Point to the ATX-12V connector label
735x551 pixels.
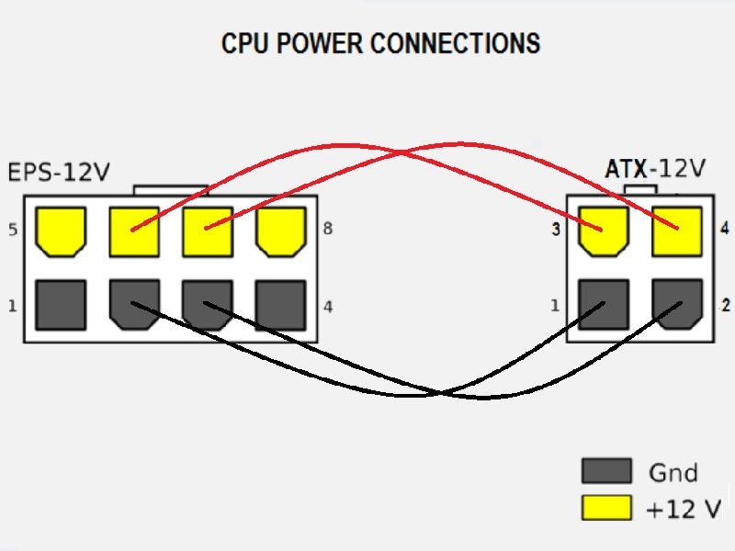654,169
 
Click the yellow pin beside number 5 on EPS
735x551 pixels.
60,231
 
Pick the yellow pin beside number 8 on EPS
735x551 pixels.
280,231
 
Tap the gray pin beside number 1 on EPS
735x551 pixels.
60,304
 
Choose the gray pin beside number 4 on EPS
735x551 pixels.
280,304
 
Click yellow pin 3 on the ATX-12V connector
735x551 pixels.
604,230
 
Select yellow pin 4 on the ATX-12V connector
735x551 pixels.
677,230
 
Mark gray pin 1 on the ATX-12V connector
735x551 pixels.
604,304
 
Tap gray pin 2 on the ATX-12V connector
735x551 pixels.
677,304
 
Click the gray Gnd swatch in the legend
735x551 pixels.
606,472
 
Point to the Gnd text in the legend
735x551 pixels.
673,473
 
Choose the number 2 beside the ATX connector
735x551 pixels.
726,305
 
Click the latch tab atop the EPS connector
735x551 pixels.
170,190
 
